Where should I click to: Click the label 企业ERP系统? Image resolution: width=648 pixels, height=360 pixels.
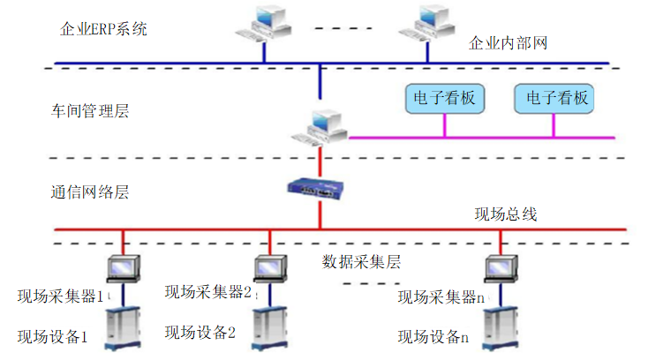[102, 28]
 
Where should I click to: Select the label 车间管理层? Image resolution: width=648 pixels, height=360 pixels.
[91, 111]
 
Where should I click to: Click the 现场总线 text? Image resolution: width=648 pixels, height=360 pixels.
[505, 214]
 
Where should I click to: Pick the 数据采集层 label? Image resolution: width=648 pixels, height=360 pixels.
[362, 261]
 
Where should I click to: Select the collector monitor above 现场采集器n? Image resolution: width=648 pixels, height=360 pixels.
[500, 267]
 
